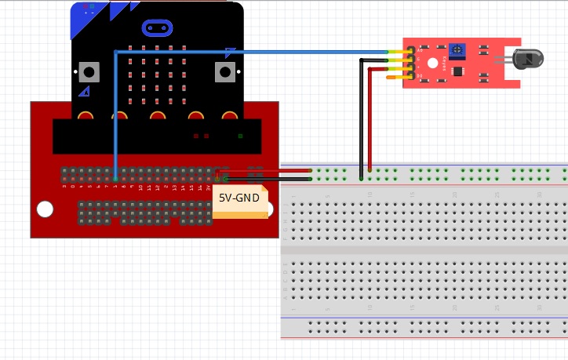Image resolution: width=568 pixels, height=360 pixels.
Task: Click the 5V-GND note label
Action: (x=238, y=198)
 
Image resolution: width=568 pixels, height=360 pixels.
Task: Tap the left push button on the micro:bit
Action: (x=89, y=72)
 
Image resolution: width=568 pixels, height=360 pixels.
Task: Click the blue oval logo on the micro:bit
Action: (x=157, y=28)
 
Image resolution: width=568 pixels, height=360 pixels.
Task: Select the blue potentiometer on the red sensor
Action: (x=455, y=50)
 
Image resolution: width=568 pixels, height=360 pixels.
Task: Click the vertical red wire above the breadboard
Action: (x=370, y=118)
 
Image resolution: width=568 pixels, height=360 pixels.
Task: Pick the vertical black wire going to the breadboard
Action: (x=361, y=118)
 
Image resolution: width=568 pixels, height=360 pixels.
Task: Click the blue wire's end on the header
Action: (x=115, y=177)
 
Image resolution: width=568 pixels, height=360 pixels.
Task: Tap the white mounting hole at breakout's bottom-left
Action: (x=46, y=209)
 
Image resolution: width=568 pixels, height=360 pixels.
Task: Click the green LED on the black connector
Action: (x=240, y=136)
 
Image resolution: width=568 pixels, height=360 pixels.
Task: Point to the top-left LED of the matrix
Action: (x=130, y=47)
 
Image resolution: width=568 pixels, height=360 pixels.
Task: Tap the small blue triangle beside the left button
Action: (x=83, y=92)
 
